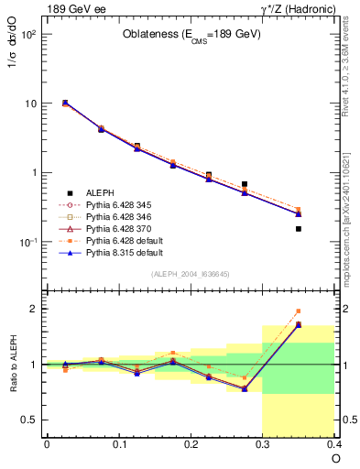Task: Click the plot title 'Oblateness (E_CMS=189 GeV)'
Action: tap(191, 35)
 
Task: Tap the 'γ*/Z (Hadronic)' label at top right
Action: tap(299, 9)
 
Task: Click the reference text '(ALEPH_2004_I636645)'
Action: tap(191, 274)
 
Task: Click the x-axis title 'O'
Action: tap(336, 457)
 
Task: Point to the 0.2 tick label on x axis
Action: tap(191, 443)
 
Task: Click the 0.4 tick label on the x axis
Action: tap(334, 443)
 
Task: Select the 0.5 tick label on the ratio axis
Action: tap(29, 420)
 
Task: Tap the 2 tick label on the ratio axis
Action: tap(33, 309)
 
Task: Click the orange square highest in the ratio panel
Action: tap(299, 311)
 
